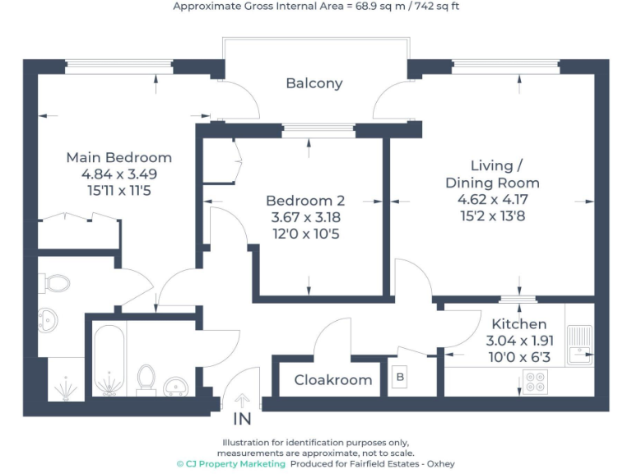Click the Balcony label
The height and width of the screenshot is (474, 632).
click(314, 83)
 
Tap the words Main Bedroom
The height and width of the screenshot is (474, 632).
click(118, 157)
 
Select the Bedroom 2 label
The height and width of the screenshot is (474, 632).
click(305, 201)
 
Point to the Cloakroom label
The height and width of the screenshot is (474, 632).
click(333, 380)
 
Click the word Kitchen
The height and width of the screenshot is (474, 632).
click(518, 324)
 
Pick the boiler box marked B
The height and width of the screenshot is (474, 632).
click(401, 379)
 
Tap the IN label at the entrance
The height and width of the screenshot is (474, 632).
click(242, 420)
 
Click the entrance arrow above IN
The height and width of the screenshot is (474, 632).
click(242, 401)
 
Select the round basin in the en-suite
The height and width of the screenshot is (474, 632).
click(49, 317)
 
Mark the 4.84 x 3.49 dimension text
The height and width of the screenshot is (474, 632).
click(118, 174)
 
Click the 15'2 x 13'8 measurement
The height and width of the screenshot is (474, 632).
click(492, 216)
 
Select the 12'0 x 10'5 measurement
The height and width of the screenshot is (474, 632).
click(305, 235)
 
